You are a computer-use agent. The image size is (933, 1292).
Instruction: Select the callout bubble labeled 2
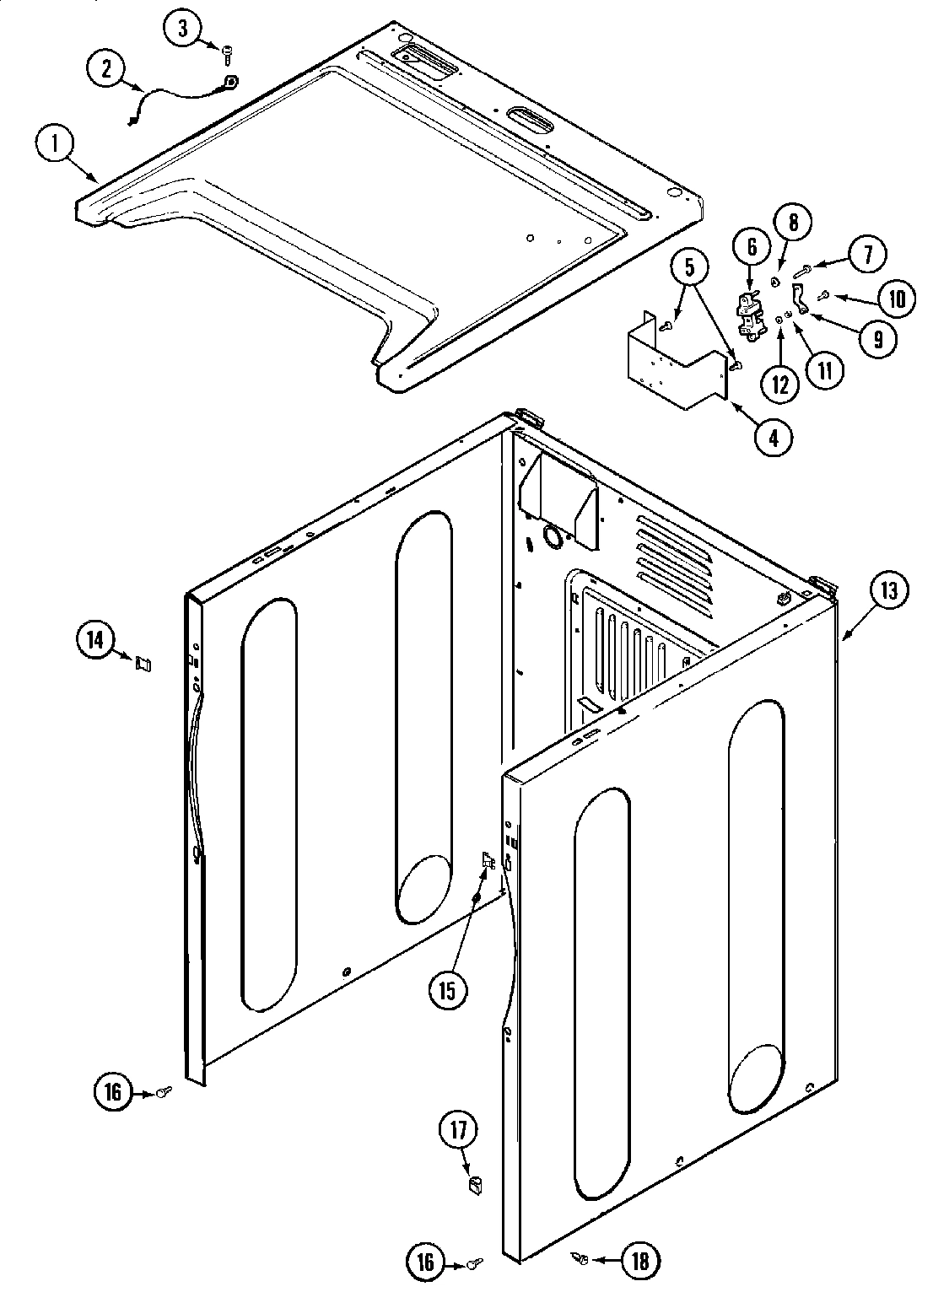coord(106,69)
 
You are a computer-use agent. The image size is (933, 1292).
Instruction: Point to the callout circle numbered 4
coord(774,437)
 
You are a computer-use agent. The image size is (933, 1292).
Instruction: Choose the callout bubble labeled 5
coord(690,268)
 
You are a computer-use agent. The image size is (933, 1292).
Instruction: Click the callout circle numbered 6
coord(752,248)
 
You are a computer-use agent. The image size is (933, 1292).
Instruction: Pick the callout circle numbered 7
coord(868,254)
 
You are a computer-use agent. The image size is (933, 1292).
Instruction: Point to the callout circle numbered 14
coord(95,639)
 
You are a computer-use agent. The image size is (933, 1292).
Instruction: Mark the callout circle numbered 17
coord(458,1131)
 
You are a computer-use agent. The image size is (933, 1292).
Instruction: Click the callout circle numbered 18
coord(640,1261)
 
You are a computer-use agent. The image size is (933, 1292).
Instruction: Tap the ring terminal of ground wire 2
coord(229,82)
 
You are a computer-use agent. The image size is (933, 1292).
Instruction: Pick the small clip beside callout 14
coord(143,665)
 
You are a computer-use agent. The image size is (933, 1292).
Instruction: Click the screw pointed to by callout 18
coord(582,1259)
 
